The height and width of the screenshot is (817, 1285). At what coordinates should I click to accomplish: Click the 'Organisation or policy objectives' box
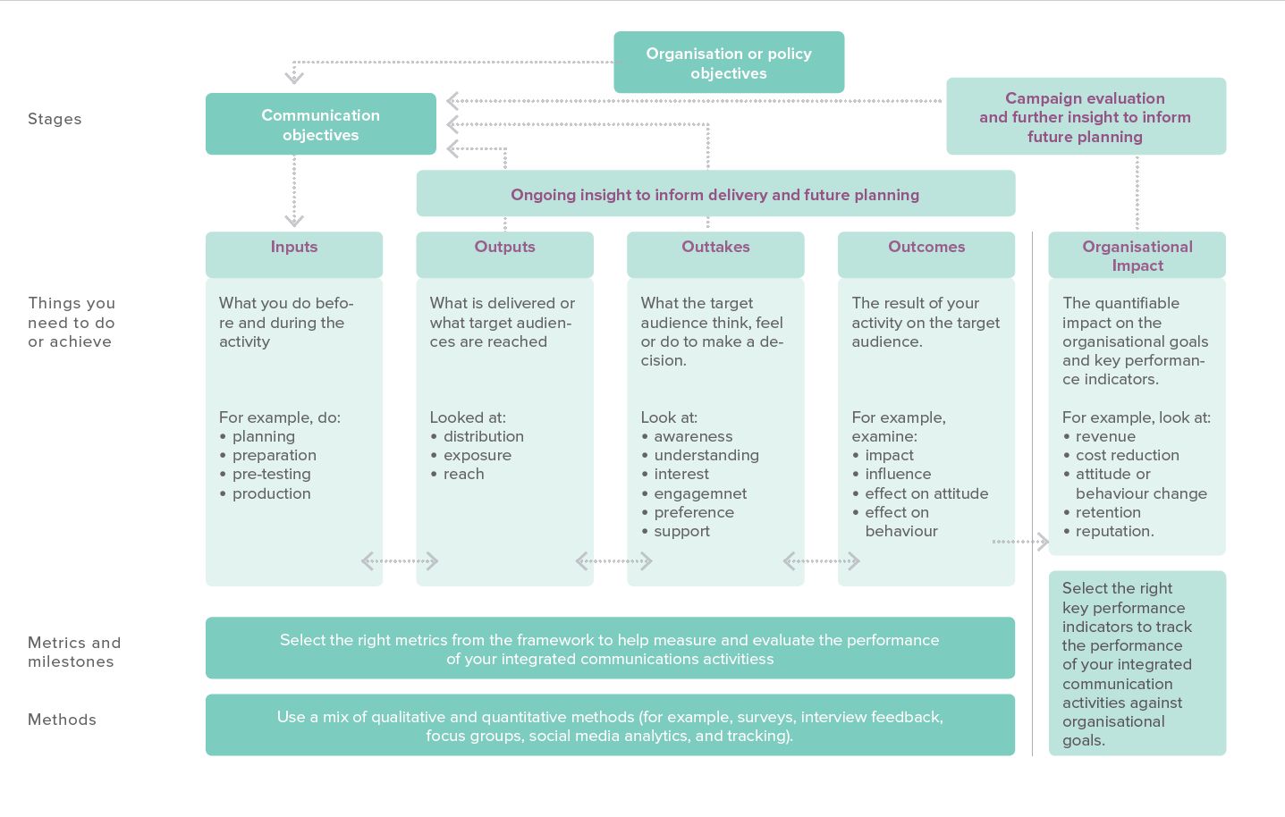(729, 63)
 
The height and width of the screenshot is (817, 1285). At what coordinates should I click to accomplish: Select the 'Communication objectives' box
(321, 124)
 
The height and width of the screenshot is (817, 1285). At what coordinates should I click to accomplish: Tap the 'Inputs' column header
(293, 255)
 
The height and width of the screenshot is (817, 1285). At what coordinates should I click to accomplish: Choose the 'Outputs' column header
(505, 255)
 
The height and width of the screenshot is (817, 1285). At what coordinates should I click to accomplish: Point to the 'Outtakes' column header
(715, 255)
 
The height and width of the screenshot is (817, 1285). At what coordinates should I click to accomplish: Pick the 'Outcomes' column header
(926, 255)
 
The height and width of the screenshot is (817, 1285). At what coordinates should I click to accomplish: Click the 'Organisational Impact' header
(1137, 255)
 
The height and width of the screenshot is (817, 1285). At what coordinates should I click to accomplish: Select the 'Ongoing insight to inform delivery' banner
(715, 193)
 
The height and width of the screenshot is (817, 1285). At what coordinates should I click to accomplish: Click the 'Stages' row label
(55, 119)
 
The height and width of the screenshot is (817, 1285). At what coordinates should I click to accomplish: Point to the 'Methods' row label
(62, 720)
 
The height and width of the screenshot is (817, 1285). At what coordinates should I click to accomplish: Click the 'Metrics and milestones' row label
(74, 652)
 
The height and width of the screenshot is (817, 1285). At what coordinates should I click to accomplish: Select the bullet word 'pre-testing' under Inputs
(271, 474)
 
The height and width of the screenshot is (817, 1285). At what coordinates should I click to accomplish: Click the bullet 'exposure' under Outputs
(478, 455)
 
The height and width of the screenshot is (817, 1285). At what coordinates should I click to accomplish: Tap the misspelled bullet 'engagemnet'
(700, 493)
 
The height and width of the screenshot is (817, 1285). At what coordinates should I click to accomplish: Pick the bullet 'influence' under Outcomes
(898, 474)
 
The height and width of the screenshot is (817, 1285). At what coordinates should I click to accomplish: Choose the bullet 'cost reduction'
(1128, 455)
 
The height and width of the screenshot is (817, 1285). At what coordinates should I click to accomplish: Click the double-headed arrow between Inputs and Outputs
(400, 560)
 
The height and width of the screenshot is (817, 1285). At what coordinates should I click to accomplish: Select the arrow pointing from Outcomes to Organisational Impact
(1020, 541)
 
